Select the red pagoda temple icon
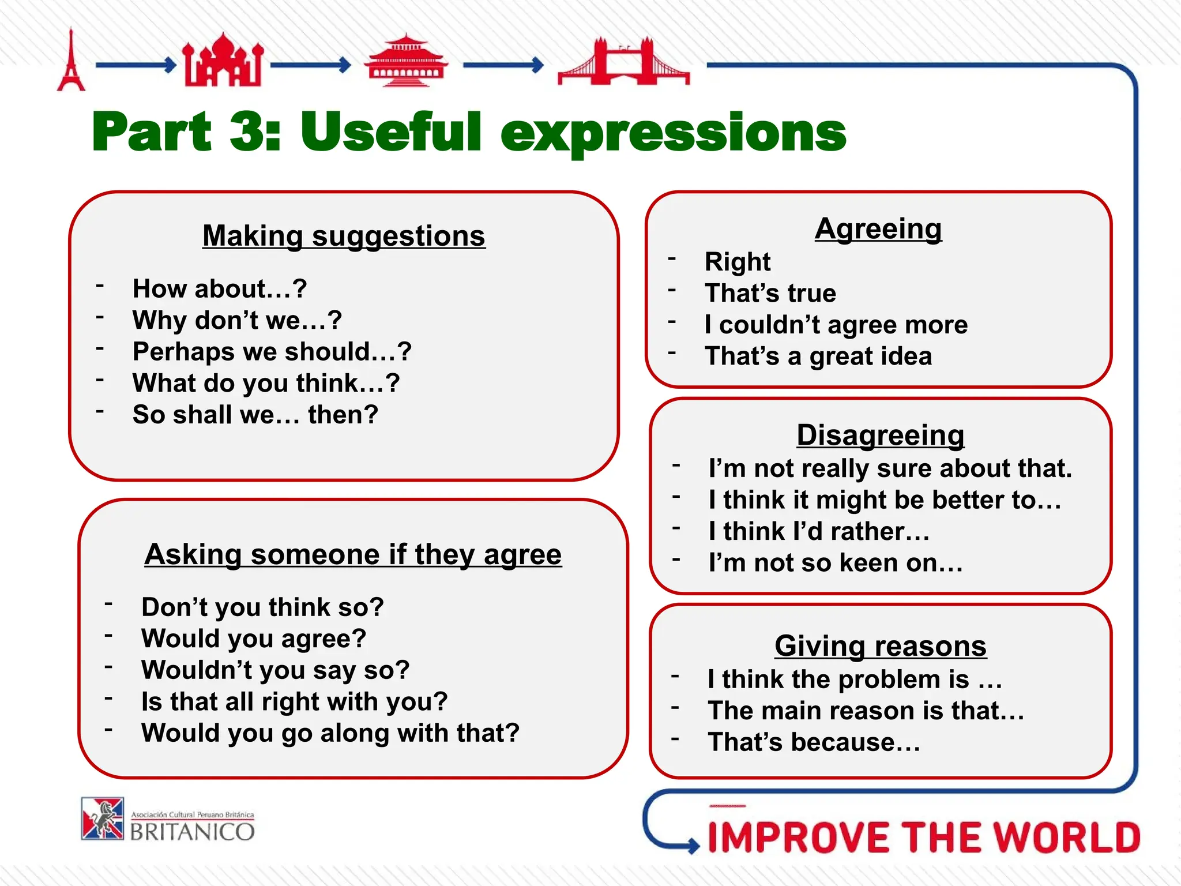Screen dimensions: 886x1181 point(405,61)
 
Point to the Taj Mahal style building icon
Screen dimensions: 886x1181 point(223,61)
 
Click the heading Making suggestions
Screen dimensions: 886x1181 point(344,236)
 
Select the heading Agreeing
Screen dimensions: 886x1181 point(878,229)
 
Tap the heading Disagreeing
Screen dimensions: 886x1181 point(880,435)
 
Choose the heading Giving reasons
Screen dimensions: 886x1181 point(880,645)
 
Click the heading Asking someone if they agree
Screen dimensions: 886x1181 point(353,554)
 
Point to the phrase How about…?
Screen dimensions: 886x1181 point(220,288)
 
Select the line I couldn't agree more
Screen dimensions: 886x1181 point(836,325)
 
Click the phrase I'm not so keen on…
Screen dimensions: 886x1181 point(836,562)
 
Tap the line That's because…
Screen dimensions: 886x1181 point(814,742)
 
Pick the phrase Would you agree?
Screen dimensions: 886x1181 point(254,639)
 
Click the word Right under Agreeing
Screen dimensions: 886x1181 point(737,262)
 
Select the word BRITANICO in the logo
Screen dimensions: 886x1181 point(192,832)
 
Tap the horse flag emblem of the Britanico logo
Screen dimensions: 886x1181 point(103,819)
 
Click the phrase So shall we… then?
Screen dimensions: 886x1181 point(255,415)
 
